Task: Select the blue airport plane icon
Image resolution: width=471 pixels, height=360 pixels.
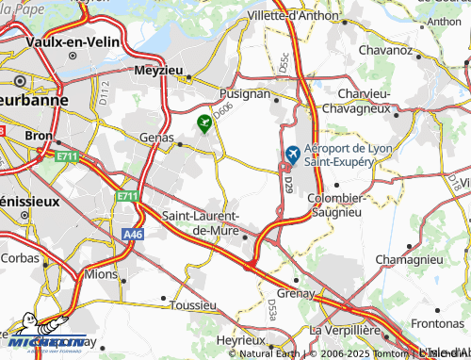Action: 292,154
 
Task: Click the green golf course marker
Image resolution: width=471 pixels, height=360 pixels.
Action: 203,122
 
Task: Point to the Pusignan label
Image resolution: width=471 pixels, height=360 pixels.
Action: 245,94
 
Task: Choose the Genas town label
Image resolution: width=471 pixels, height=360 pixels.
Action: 156,137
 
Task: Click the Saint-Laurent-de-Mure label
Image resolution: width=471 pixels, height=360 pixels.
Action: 203,222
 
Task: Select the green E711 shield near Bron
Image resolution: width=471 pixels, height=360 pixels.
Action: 66,155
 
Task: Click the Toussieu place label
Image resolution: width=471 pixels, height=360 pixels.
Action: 196,305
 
